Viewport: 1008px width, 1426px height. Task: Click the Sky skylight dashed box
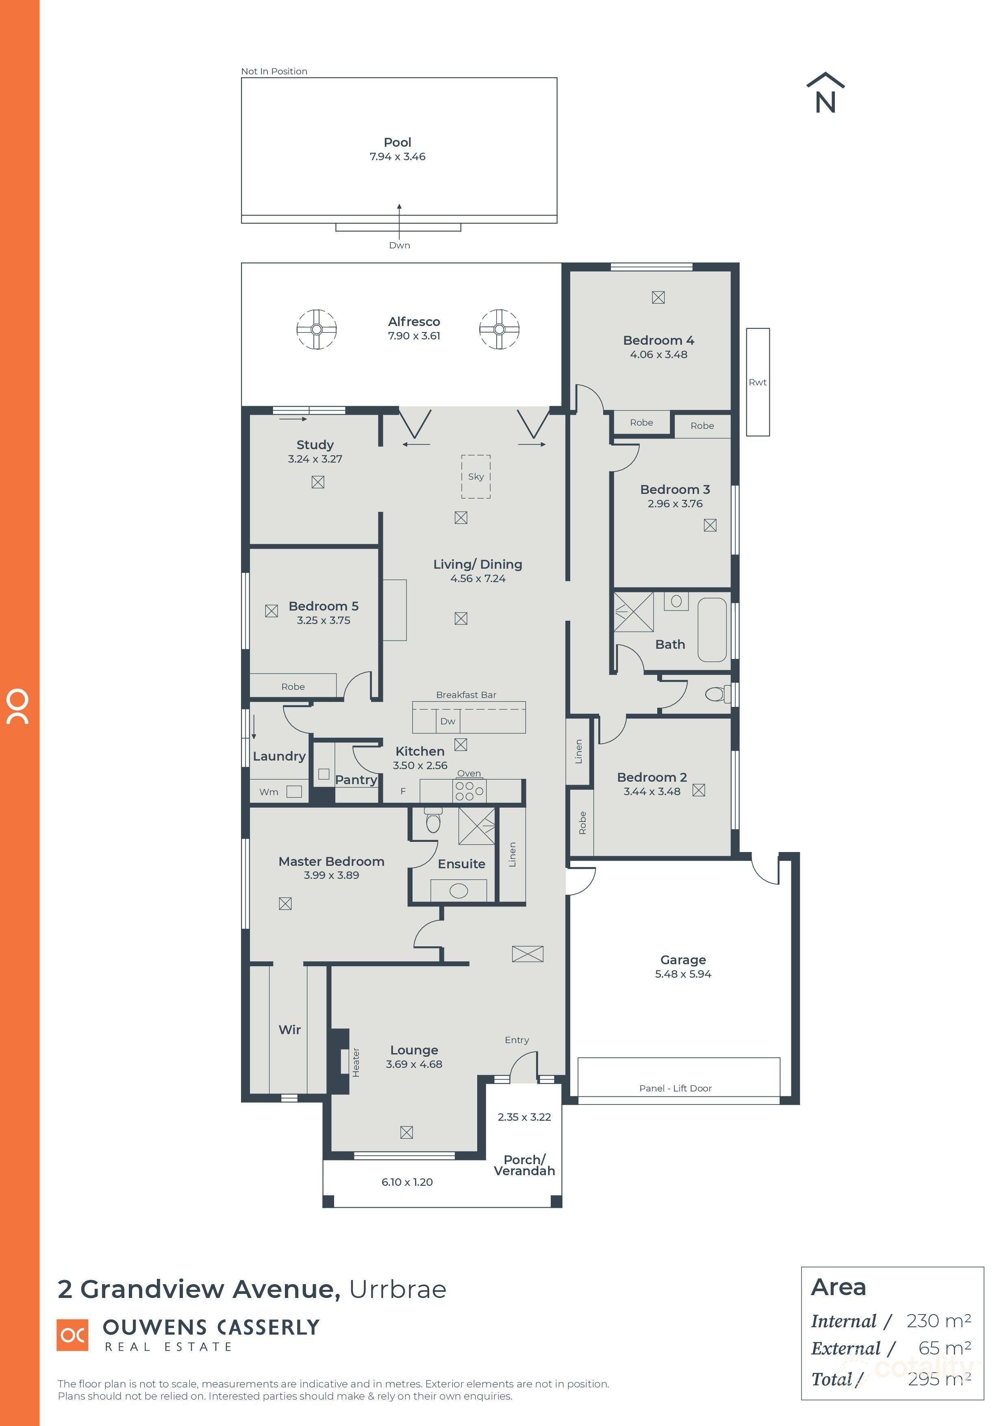pyautogui.click(x=476, y=476)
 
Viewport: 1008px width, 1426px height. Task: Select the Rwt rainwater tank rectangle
pyautogui.click(x=758, y=382)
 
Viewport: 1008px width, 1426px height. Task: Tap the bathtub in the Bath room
pyautogui.click(x=712, y=630)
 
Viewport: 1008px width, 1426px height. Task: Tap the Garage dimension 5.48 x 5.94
pyautogui.click(x=682, y=974)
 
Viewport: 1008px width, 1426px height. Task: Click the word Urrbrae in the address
pyautogui.click(x=398, y=1289)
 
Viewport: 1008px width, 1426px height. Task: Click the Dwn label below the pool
pyautogui.click(x=400, y=246)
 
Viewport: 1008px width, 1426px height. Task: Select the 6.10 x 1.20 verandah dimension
pyautogui.click(x=407, y=1182)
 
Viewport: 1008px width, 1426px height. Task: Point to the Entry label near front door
pyautogui.click(x=517, y=1040)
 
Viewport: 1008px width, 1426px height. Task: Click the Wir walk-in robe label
pyautogui.click(x=289, y=1030)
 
